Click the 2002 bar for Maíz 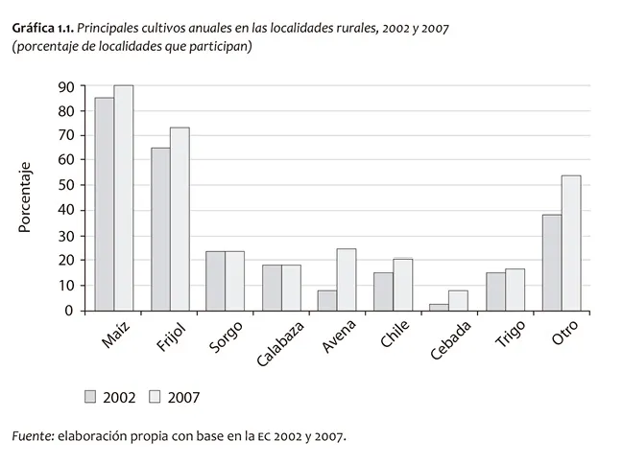click(x=105, y=204)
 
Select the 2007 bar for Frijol click(x=180, y=219)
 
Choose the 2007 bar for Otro click(x=570, y=244)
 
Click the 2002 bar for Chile click(x=383, y=291)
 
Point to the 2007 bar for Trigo click(x=515, y=290)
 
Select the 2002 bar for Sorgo click(x=216, y=281)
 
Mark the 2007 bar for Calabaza click(x=291, y=288)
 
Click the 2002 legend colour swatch click(x=91, y=396)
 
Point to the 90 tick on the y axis click(x=66, y=86)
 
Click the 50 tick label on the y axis click(x=66, y=185)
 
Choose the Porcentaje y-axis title click(x=27, y=197)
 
